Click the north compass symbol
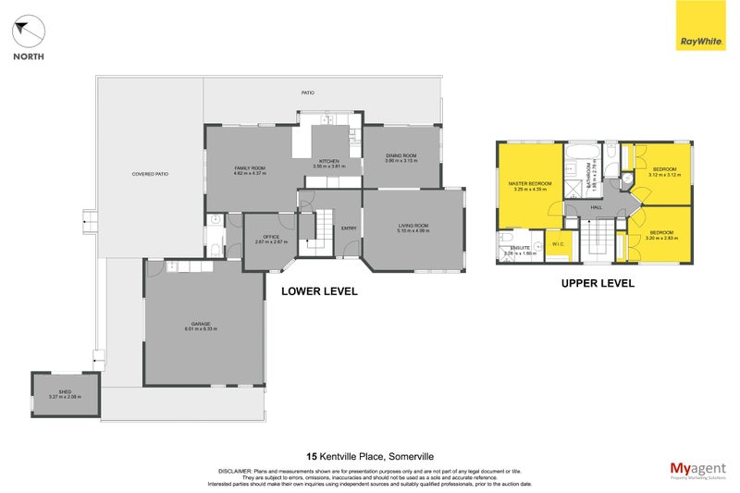[29, 34]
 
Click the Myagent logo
[698, 470]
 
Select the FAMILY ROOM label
[250, 167]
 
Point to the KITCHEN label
[328, 161]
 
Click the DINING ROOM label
[401, 155]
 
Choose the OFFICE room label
[271, 237]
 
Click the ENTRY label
[349, 228]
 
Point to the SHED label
[65, 392]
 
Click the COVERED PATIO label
[149, 174]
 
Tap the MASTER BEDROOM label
[530, 183]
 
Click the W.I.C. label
[558, 244]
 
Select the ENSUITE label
[517, 247]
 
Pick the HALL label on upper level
[597, 207]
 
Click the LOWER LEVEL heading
[319, 291]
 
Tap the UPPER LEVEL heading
[598, 284]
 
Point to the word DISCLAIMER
[236, 470]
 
